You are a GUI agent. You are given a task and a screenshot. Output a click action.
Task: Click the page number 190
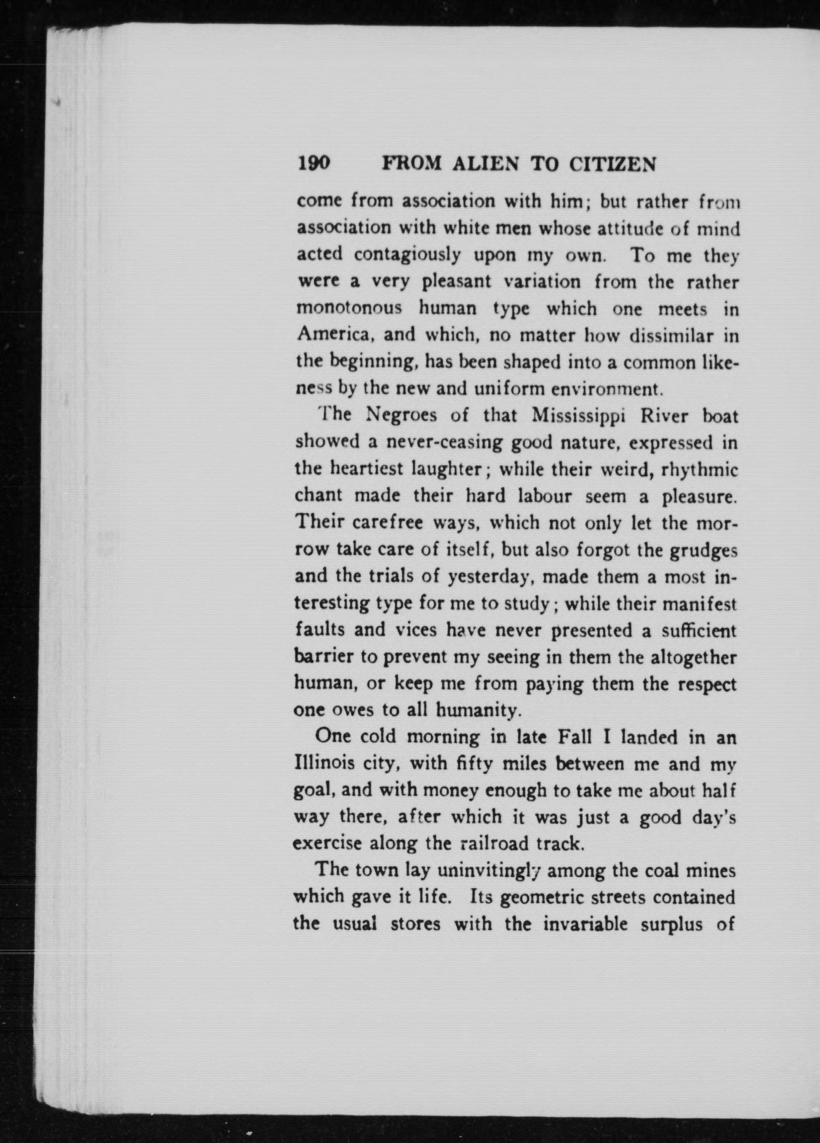[x=314, y=164]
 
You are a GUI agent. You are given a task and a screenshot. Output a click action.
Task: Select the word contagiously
[x=407, y=255]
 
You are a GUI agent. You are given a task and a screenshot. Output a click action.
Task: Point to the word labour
[x=545, y=496]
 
